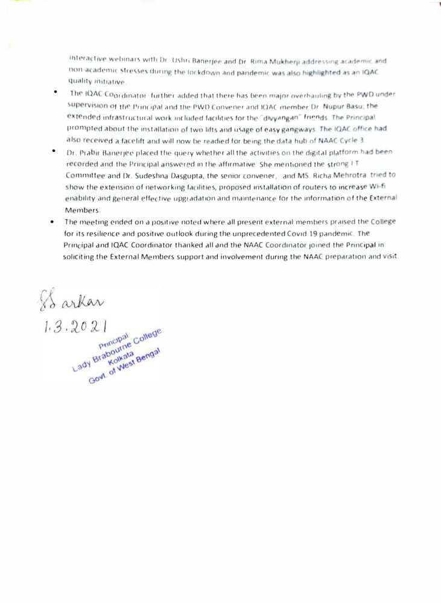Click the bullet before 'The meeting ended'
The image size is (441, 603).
point(53,222)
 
